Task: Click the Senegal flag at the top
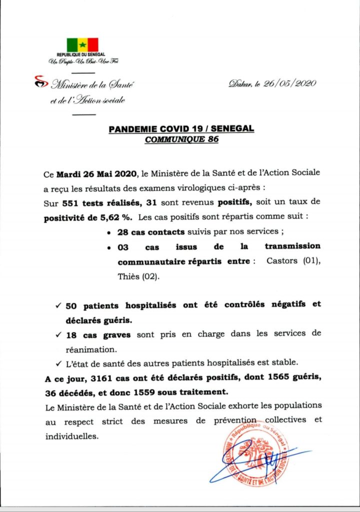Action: click(x=83, y=45)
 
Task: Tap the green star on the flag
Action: click(x=83, y=45)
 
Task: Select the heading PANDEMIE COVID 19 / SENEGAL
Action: click(x=181, y=129)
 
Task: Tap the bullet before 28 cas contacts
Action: click(x=109, y=233)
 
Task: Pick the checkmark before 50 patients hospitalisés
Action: click(x=58, y=304)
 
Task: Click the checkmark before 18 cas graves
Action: click(x=58, y=333)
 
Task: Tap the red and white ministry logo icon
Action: click(x=38, y=81)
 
